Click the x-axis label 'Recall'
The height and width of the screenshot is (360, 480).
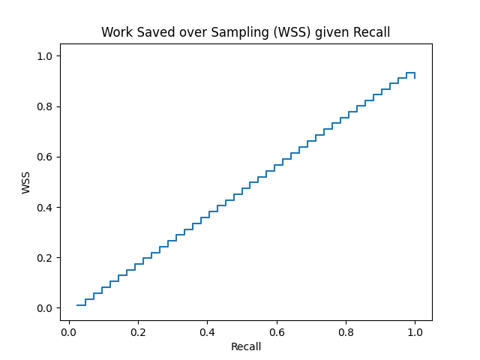(246, 346)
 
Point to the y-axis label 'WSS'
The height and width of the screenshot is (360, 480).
(26, 181)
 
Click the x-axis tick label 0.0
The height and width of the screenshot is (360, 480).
(69, 332)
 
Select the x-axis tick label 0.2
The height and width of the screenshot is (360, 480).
(138, 332)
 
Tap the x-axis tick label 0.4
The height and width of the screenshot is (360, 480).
(207, 332)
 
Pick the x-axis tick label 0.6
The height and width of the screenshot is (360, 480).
(277, 332)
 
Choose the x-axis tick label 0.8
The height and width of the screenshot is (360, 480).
(346, 332)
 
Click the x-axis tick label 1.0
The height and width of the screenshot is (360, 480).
(415, 332)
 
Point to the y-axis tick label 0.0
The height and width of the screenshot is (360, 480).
(44, 308)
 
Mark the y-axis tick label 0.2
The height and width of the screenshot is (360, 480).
(44, 258)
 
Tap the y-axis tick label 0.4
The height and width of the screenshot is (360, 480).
(44, 207)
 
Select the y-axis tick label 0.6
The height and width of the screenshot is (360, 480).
(44, 157)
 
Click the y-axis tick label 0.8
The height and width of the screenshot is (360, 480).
(44, 106)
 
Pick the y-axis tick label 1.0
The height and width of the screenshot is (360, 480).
(44, 56)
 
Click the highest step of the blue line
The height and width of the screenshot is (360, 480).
(410, 73)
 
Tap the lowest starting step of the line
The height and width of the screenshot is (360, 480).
(81, 305)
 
